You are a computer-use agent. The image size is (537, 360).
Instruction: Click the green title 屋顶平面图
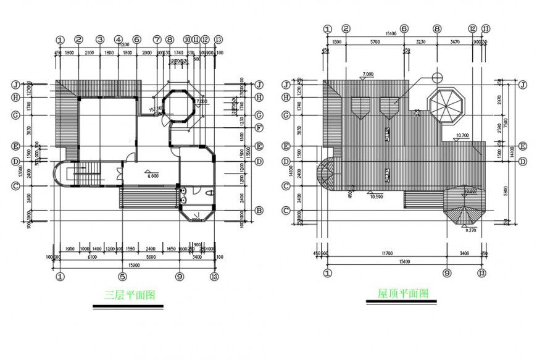coord(403,293)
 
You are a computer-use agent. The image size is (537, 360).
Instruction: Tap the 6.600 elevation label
coord(153,175)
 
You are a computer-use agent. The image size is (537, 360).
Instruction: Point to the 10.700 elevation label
coord(464,135)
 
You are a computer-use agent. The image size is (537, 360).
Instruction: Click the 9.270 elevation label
coord(470,230)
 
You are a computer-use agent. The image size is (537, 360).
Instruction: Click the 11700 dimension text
coord(387,253)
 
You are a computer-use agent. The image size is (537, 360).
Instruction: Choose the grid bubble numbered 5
coord(123,277)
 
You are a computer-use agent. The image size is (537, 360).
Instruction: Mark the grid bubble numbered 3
coord(99,40)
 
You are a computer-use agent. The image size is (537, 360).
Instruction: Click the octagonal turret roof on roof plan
coord(445,106)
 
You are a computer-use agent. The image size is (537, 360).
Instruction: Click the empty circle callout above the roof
coord(438,78)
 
